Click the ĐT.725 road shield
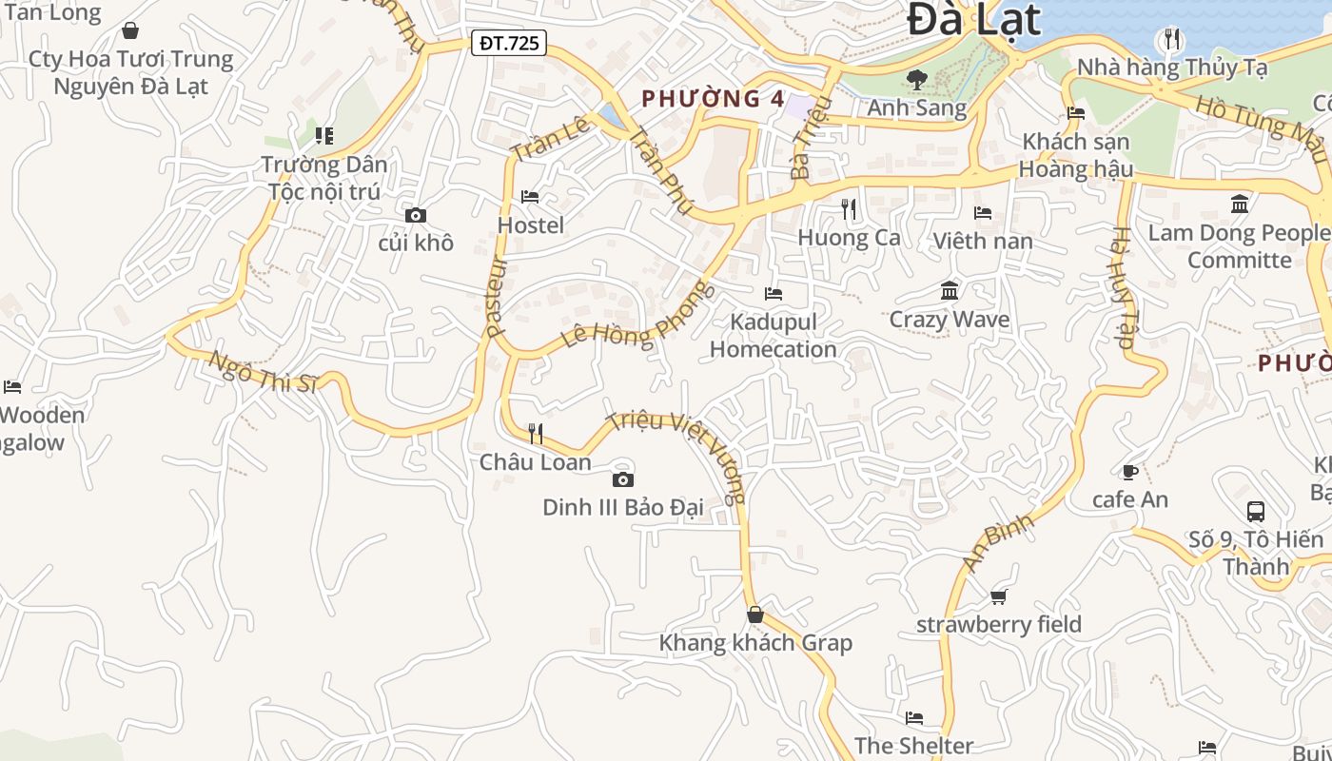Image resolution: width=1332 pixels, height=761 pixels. [509, 43]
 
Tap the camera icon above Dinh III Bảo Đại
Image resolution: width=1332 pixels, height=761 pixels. [623, 479]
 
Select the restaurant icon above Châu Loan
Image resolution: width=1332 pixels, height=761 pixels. [536, 434]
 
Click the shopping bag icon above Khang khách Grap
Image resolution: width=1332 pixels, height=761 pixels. [755, 615]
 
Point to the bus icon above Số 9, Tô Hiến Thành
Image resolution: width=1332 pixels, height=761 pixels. [1256, 511]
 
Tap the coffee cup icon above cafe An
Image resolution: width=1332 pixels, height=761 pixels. [1130, 472]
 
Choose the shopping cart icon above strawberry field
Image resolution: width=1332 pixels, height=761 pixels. [998, 596]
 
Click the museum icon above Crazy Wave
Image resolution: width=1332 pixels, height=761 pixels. [950, 290]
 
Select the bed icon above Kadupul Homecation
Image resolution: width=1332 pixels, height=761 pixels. [774, 293]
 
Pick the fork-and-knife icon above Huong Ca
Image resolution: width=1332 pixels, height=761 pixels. [849, 208]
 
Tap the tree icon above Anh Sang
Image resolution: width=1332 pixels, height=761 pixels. [917, 80]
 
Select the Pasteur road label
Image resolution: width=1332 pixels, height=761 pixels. [498, 297]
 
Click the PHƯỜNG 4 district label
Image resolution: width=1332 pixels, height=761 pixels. [714, 98]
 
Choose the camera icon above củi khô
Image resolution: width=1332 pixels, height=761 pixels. [416, 216]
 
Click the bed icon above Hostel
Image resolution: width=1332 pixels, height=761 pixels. [531, 197]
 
